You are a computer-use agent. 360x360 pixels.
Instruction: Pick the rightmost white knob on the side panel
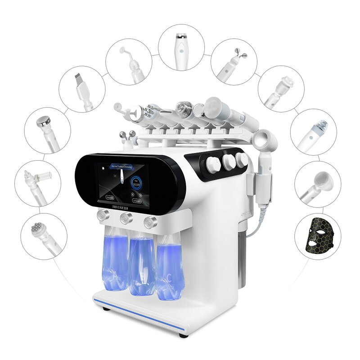(243, 158)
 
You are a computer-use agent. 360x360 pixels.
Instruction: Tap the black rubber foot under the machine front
(183, 335)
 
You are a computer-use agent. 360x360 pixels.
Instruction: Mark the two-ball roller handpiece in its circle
(234, 61)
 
